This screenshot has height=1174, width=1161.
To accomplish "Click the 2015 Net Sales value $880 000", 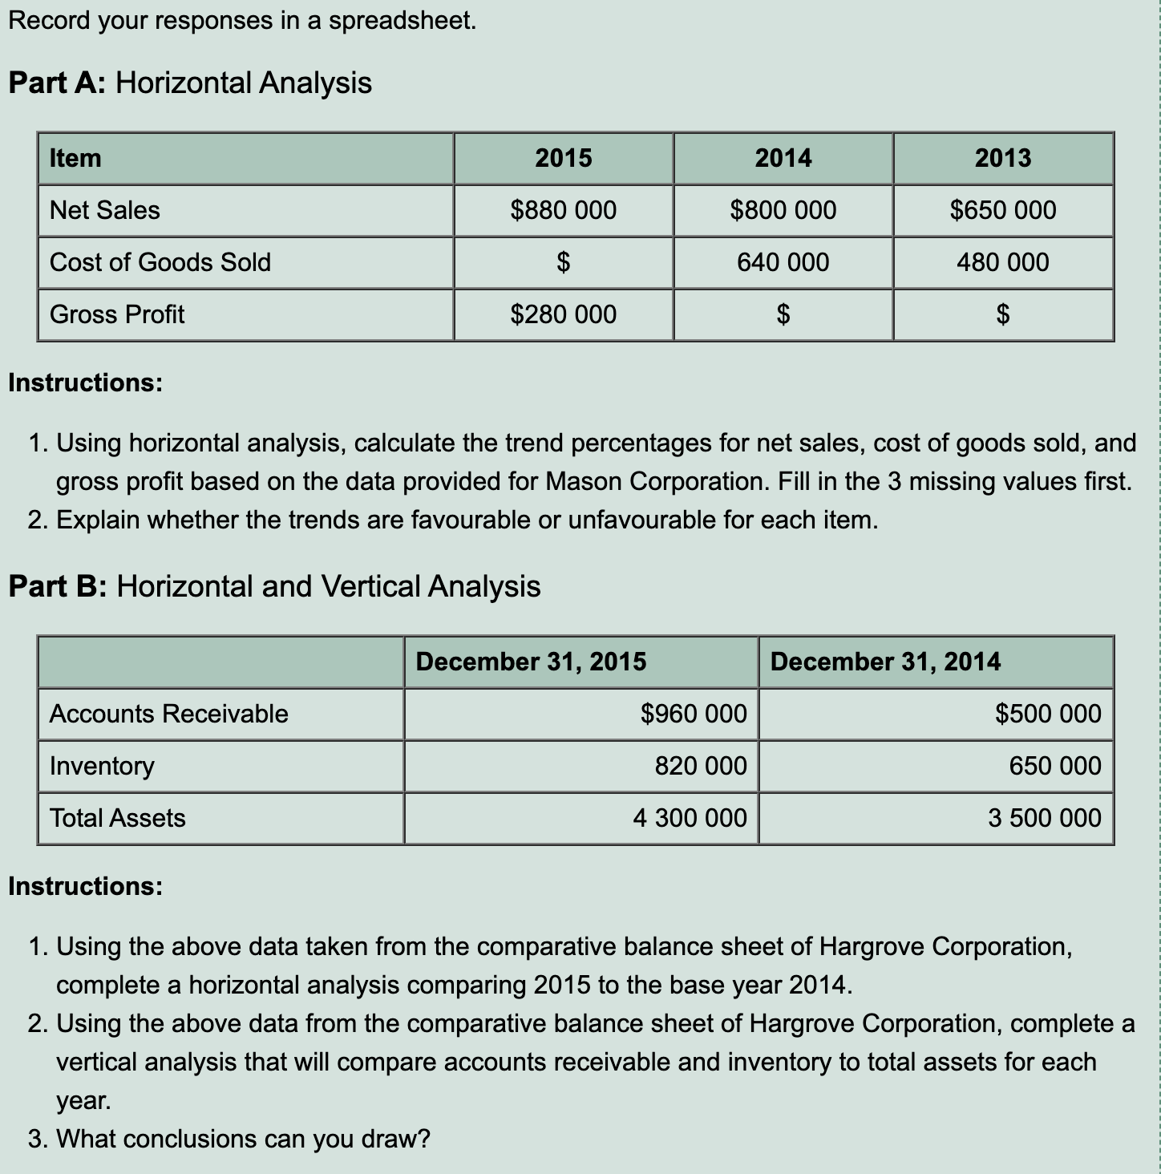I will tap(563, 210).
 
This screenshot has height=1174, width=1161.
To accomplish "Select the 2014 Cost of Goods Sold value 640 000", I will tap(783, 262).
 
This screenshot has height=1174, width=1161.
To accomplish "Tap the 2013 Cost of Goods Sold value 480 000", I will tap(1002, 262).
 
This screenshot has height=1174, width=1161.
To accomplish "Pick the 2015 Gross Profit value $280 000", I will tap(563, 314).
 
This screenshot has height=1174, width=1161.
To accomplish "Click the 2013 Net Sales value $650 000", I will tap(1002, 210).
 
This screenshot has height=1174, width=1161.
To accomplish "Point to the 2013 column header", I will tap(1002, 158).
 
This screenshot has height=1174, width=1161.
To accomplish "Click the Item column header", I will tap(75, 158).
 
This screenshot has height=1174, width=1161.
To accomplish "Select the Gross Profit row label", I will tap(117, 314).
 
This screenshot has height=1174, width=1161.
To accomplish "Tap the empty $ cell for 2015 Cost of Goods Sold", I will tap(563, 262).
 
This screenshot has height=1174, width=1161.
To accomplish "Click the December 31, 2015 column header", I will tap(531, 662).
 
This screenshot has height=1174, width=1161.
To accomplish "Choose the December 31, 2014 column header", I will tap(885, 662).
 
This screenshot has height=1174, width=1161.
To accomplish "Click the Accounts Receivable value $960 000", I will tap(694, 714).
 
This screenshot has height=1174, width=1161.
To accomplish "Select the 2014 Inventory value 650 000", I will tap(1054, 766).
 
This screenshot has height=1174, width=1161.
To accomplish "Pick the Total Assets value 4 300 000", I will tap(690, 818).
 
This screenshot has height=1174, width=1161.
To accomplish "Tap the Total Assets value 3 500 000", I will tap(1044, 818).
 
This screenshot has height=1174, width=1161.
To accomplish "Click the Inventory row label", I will tap(102, 766).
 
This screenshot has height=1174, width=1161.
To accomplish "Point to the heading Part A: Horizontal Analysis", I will tap(190, 83).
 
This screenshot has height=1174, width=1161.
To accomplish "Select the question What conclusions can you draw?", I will tap(243, 1139).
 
